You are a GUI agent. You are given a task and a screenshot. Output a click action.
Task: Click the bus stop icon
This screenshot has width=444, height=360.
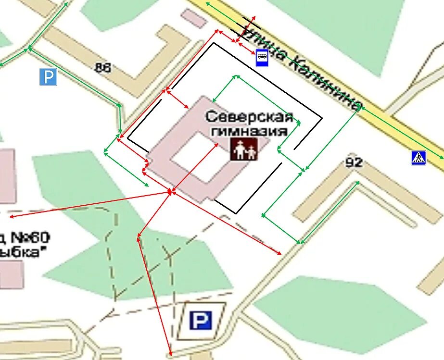click(x=262, y=57)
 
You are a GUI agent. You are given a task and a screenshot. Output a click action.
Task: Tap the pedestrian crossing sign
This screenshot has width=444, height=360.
click(x=419, y=158)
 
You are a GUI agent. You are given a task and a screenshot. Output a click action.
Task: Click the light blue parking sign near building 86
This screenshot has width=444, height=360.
click(x=48, y=77)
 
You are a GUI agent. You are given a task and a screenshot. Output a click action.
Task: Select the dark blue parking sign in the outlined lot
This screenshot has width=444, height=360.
click(x=201, y=320)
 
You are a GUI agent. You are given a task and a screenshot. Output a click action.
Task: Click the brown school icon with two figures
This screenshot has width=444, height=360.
click(x=243, y=149)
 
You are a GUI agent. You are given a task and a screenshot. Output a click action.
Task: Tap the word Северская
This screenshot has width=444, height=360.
click(x=249, y=116)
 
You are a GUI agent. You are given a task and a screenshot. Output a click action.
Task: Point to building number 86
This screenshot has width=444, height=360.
click(x=103, y=68)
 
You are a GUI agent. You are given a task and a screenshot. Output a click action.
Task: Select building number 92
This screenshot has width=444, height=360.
click(x=354, y=162)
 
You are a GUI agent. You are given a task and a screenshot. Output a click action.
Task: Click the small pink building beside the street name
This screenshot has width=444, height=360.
click(x=194, y=18)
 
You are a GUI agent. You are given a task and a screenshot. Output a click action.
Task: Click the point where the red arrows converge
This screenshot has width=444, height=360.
click(x=170, y=192)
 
